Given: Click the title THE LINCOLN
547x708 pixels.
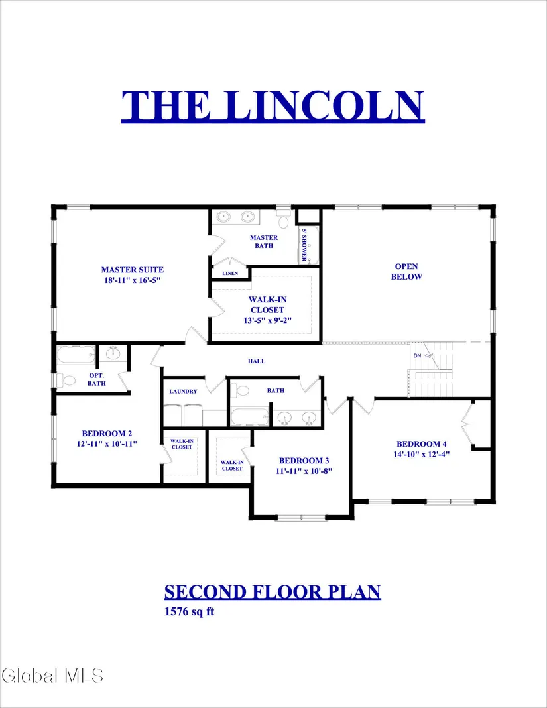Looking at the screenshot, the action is [273, 105].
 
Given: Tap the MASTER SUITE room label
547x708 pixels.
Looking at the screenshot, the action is [133, 270].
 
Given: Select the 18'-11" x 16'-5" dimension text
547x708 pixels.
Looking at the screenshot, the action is [133, 280].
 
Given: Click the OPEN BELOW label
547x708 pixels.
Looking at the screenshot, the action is [406, 271].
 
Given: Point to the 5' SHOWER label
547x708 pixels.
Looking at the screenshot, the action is [304, 245].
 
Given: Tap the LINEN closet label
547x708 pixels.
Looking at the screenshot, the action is [230, 273].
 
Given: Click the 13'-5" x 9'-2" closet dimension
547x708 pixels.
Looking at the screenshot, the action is [267, 320].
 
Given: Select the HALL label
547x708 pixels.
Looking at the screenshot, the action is [257, 361].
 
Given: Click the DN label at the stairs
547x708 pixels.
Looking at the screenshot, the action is [417, 356].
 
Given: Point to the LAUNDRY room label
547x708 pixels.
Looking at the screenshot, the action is [184, 392].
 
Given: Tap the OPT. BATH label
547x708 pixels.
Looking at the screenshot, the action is [97, 379].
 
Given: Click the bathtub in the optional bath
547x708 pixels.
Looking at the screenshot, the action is [76, 355].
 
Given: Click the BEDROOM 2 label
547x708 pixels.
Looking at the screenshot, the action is [107, 433].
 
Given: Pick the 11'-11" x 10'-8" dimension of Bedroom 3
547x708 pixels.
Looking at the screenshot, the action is [304, 471].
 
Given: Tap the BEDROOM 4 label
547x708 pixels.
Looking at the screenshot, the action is [422, 444].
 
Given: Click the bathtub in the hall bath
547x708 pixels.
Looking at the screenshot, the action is [250, 416].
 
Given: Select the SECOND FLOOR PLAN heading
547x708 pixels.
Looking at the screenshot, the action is [273, 591].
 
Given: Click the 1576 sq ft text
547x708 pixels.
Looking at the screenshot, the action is [189, 611].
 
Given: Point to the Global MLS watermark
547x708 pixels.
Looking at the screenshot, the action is [52, 676].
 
